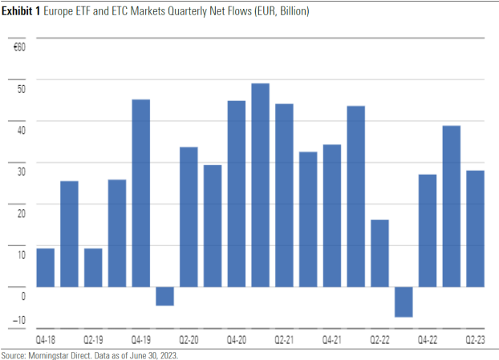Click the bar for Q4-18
(x=45, y=267)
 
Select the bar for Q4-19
(x=140, y=192)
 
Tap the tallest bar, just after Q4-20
(x=260, y=184)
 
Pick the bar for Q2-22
(x=379, y=253)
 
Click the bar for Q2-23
(x=475, y=228)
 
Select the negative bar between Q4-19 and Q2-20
(x=164, y=296)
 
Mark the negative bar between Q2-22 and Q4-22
(x=404, y=301)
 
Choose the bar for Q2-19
(x=93, y=267)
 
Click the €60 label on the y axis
(x=20, y=47)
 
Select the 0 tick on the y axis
(x=23, y=295)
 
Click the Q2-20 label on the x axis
(x=189, y=339)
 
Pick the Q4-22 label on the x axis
(x=428, y=339)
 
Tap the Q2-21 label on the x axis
(x=285, y=339)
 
